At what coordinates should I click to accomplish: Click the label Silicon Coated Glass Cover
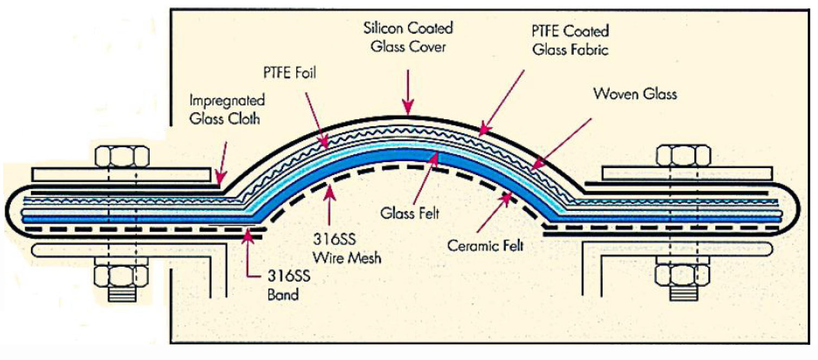[408, 37]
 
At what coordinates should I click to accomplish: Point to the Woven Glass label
[635, 94]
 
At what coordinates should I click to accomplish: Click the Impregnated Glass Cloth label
[227, 110]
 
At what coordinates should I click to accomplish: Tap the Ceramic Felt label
[485, 246]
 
